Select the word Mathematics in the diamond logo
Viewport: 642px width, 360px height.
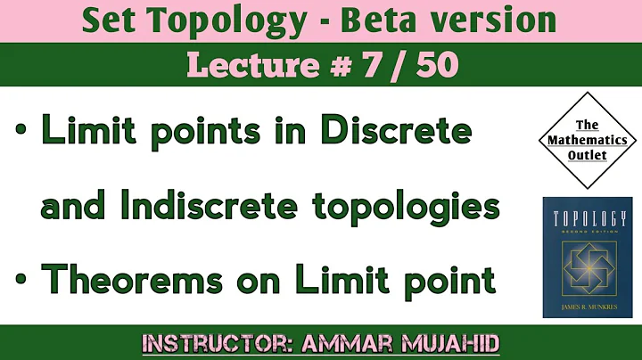587,140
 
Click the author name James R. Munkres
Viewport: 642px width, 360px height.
587,308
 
